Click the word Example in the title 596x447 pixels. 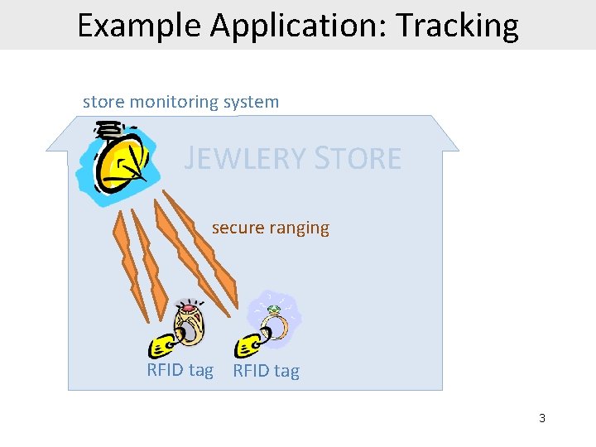[x=139, y=26]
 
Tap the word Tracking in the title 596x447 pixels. [x=457, y=26]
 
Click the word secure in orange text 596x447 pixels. [x=237, y=228]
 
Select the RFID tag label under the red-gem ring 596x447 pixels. [x=180, y=370]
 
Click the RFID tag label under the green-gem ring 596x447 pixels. [x=266, y=371]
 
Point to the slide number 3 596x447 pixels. [x=542, y=418]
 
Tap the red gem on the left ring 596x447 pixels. [x=189, y=310]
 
